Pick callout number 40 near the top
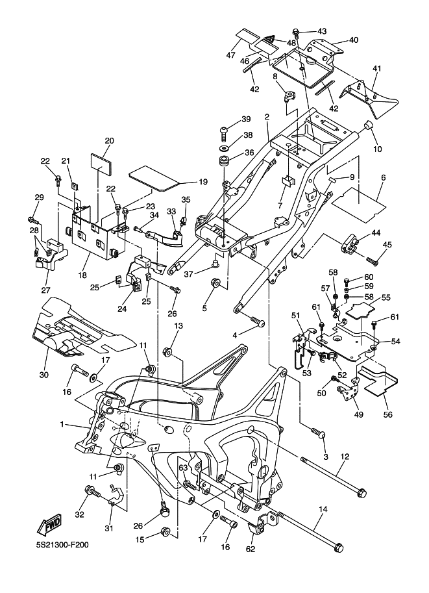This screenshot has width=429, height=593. [353, 40]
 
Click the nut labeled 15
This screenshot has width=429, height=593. [165, 533]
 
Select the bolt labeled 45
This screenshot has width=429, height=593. [371, 260]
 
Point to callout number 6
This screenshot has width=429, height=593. [382, 177]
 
